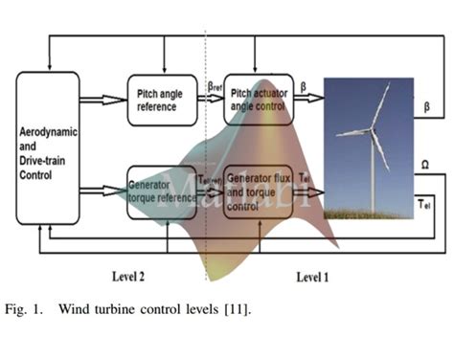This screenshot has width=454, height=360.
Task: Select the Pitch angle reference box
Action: [161, 100]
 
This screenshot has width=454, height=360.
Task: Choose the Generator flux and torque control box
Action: [259, 191]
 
